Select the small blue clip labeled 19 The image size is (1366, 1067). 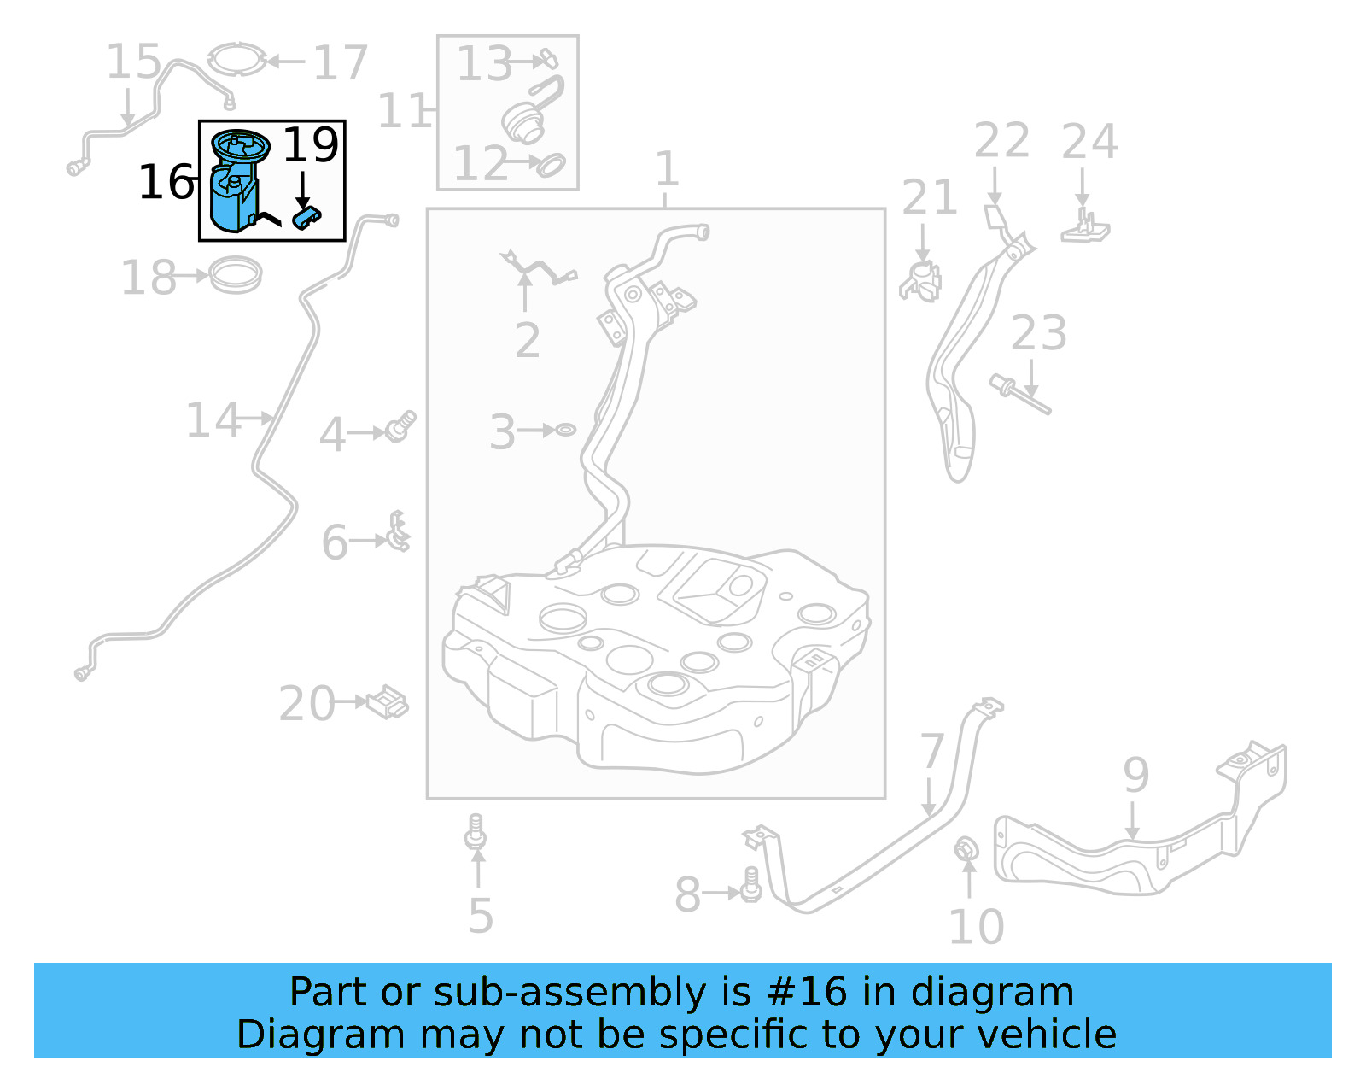point(306,217)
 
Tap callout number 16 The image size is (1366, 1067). point(166,182)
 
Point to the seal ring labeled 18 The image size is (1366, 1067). point(236,275)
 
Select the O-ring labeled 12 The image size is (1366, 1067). point(551,164)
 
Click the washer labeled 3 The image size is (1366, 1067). point(565,430)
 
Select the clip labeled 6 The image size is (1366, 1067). point(398,533)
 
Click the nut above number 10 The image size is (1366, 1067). point(966,851)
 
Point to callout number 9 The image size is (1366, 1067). point(1135,774)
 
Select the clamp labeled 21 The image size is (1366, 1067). point(921,281)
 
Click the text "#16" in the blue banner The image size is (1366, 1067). point(807,993)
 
